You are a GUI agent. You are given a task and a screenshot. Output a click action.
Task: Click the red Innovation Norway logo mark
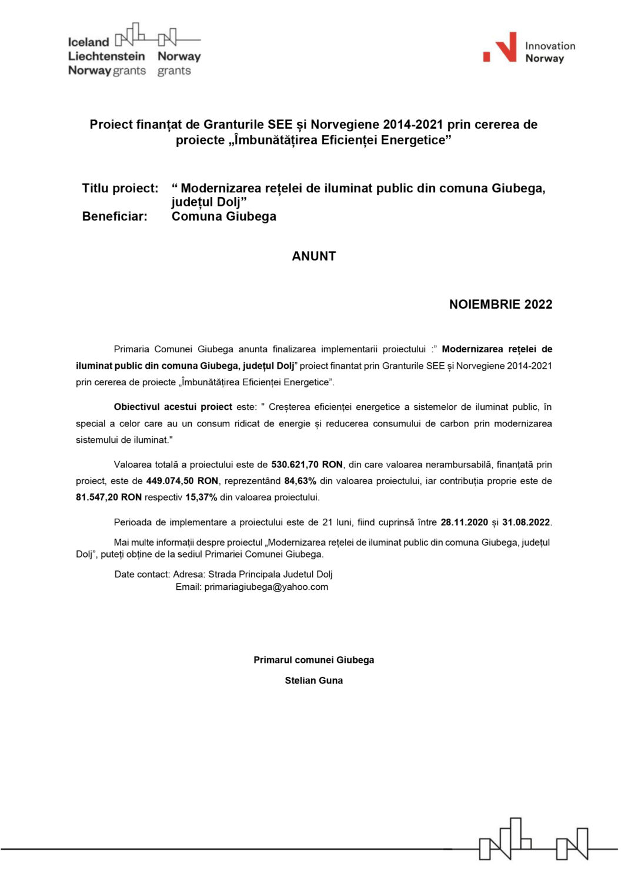point(500,48)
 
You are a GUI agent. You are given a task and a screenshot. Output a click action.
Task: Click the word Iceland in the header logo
point(88,42)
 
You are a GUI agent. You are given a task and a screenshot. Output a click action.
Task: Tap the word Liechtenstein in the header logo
point(106,56)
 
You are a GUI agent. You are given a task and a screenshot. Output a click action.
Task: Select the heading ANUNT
point(313,256)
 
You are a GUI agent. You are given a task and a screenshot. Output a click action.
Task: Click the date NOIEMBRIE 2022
point(500,305)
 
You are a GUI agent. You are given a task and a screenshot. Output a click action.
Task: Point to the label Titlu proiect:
point(120,189)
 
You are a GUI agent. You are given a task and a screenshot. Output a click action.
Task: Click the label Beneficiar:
point(115,216)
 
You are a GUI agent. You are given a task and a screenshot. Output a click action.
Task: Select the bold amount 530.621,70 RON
point(306,465)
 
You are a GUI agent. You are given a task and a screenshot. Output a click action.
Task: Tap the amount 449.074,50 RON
point(182,481)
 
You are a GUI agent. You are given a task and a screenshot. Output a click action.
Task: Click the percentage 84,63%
point(300,481)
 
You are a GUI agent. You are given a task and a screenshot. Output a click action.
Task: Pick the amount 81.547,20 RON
point(109,498)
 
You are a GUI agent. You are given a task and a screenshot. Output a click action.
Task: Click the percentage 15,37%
point(201,498)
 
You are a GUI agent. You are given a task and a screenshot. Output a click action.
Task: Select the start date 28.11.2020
point(464,522)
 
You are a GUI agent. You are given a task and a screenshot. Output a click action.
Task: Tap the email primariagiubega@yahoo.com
point(266,587)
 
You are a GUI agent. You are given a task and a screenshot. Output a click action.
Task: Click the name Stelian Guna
point(313,680)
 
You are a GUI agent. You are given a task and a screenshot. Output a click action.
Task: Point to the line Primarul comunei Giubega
point(313,660)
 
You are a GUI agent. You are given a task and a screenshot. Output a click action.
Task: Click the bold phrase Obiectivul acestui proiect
point(173,407)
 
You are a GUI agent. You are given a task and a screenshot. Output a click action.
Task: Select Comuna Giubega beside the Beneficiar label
point(223,216)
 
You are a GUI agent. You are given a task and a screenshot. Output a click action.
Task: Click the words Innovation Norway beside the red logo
point(550,52)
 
